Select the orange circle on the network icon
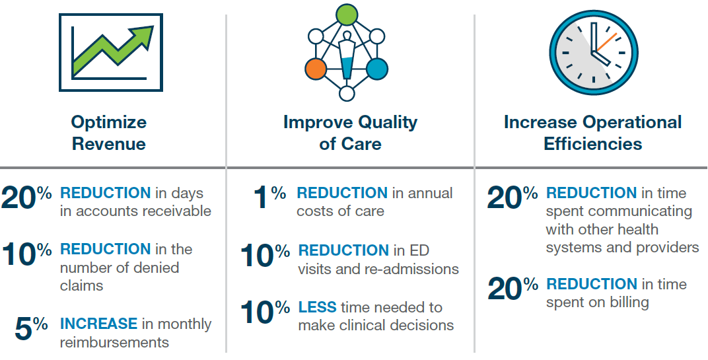(x=316, y=68)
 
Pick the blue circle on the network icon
(x=376, y=68)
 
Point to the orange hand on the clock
(x=606, y=43)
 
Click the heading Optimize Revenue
(x=109, y=133)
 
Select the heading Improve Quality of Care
(x=350, y=133)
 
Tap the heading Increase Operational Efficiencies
(x=592, y=133)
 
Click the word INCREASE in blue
(x=98, y=324)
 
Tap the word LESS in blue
(x=317, y=307)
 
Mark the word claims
(x=82, y=285)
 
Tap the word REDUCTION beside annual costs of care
(x=341, y=194)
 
